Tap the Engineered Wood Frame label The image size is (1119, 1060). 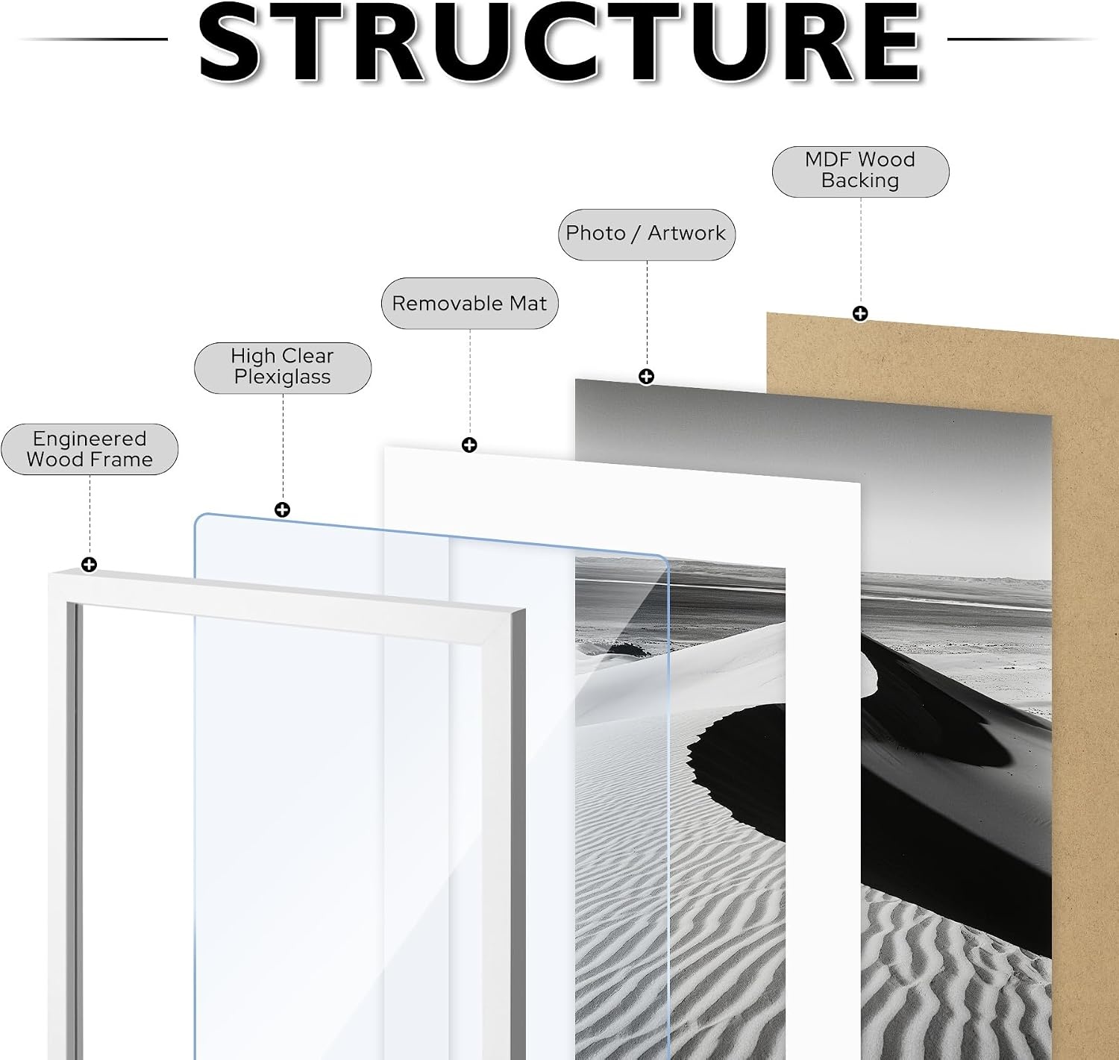click(90, 449)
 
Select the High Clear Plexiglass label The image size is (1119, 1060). click(283, 368)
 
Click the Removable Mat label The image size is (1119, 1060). click(469, 304)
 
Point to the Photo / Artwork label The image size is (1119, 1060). click(647, 234)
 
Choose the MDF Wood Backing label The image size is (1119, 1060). click(861, 172)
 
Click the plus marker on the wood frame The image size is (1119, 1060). click(90, 565)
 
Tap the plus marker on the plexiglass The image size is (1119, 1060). click(282, 509)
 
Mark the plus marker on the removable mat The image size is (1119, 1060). click(469, 445)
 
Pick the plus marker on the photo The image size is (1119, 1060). click(646, 376)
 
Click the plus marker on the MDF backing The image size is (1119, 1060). click(860, 313)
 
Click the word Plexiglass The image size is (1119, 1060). click(282, 378)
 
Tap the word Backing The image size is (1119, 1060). click(860, 181)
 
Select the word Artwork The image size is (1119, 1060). click(686, 233)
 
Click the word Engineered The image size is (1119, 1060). click(90, 439)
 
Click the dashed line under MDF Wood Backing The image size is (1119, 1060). click(861, 251)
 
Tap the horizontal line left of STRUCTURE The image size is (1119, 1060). click(93, 40)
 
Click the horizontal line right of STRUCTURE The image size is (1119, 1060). click(1023, 40)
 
